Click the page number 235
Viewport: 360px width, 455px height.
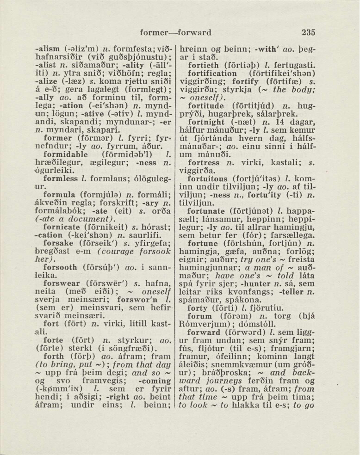click(308, 33)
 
